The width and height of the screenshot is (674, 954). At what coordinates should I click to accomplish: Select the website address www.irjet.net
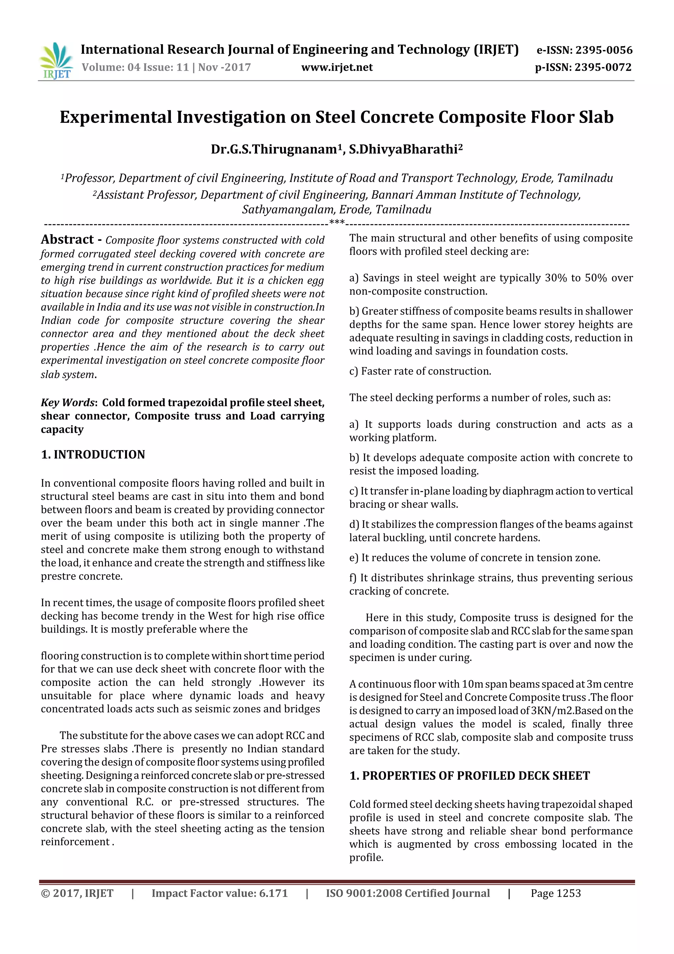coord(337,67)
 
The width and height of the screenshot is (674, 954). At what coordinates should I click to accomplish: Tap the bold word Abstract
coord(67,240)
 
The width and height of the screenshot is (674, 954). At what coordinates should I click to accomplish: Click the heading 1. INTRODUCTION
coord(93,454)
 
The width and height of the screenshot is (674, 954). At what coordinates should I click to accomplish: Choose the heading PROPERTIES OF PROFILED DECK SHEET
coord(476,776)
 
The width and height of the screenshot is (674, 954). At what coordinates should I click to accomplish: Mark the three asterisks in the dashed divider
coord(337,223)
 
